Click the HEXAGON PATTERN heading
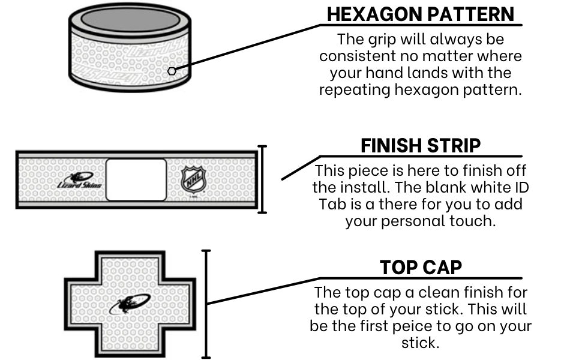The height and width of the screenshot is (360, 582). tap(421, 14)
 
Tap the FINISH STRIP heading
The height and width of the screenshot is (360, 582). tap(421, 145)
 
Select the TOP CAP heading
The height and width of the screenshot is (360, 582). tap(421, 267)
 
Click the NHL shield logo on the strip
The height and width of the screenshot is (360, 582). tap(193, 180)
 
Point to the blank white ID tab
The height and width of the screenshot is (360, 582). tap(136, 179)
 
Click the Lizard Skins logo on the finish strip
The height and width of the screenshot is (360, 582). tap(79, 180)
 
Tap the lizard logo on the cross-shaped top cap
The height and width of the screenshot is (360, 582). tap(130, 304)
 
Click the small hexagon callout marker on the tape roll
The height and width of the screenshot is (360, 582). tap(172, 71)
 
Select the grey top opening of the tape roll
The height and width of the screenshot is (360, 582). tap(130, 19)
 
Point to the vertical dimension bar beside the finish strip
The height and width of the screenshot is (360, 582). tap(262, 179)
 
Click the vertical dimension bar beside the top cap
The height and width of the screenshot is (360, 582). tap(206, 304)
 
